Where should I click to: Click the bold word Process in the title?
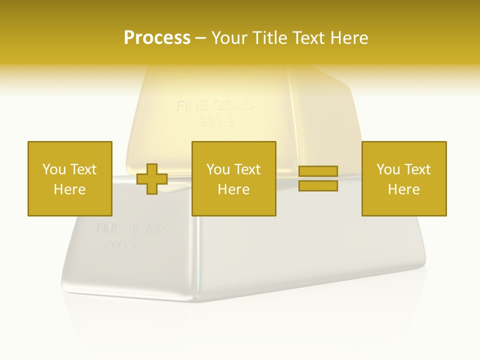pos(157,38)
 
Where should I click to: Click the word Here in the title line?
pos(348,38)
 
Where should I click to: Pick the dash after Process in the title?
pos(200,38)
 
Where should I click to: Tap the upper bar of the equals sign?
pos(318,171)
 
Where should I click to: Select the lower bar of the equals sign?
pos(318,186)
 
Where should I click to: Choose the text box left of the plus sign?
pos(69,178)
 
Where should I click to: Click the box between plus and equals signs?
pos(233,178)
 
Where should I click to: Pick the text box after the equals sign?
pos(403,178)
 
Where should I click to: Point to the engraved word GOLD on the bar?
pos(233,106)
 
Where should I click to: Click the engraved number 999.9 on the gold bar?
pos(216,121)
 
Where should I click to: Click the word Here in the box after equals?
pos(403,189)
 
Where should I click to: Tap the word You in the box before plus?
pos(54,169)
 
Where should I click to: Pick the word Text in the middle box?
pos(247,169)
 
